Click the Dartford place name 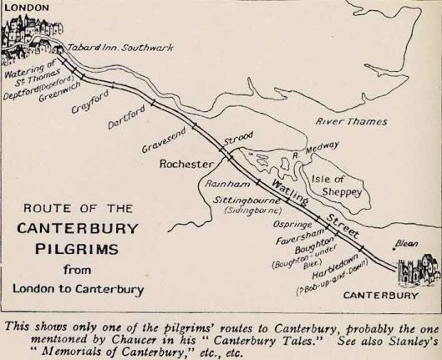(x=127, y=117)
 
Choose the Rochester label (x=186, y=164)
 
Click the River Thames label (x=351, y=121)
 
